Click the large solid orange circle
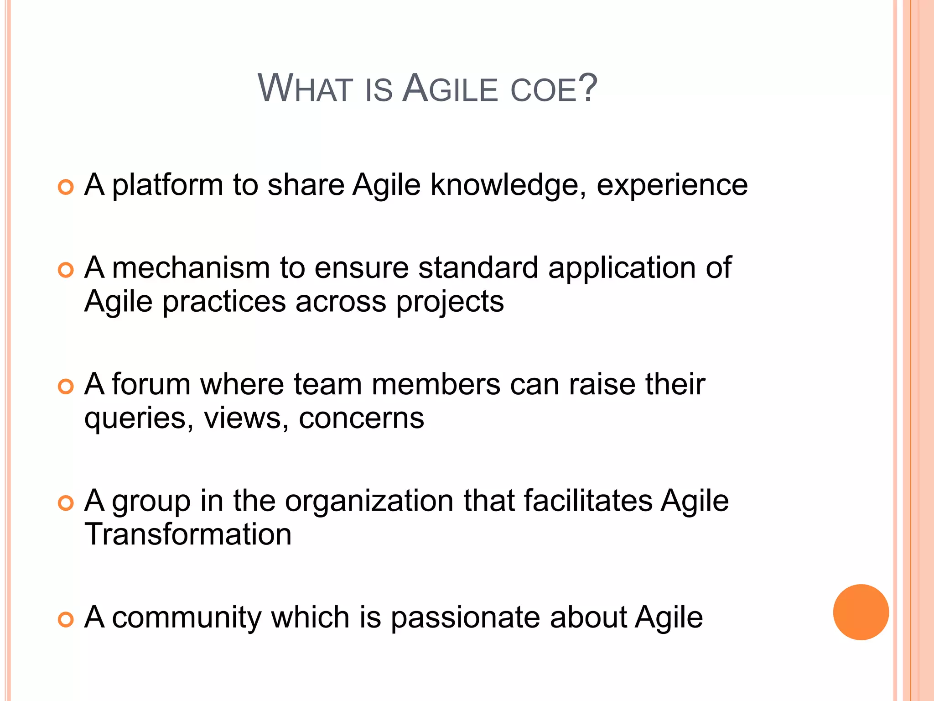point(861,612)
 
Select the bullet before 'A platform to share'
point(66,187)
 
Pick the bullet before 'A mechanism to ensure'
point(66,270)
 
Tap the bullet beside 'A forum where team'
point(66,387)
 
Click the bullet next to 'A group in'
point(66,503)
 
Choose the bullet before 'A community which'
point(66,619)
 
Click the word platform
point(167,185)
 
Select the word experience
point(672,185)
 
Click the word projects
point(450,302)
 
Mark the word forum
point(151,384)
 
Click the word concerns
point(361,419)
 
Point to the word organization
point(369,501)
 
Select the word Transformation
point(188,534)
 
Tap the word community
point(187,617)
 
